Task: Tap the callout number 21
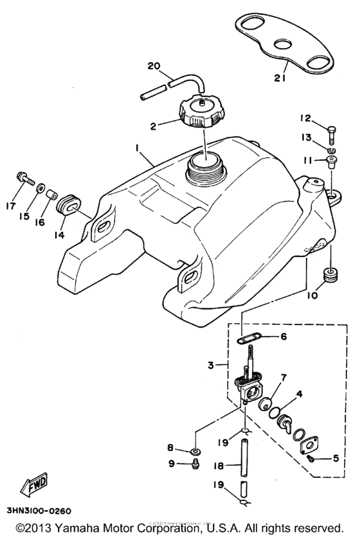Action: point(278,78)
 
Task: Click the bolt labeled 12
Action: point(330,133)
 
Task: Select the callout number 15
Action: point(24,216)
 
